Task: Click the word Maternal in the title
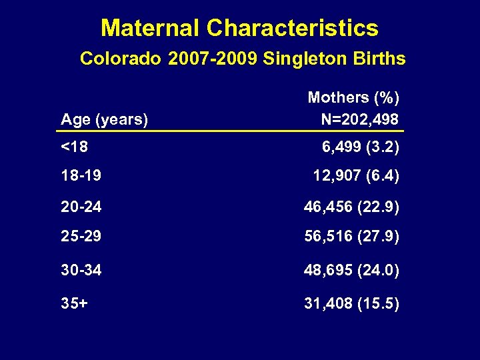click(150, 28)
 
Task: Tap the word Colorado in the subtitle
click(120, 59)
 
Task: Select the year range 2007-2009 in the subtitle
click(214, 59)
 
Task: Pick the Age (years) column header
click(105, 120)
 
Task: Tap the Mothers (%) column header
click(353, 98)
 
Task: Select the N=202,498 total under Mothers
click(360, 120)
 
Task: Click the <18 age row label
click(74, 146)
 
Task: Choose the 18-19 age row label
click(81, 177)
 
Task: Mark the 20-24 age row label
click(81, 207)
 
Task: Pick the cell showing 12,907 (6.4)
click(356, 177)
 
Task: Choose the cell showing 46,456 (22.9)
click(352, 207)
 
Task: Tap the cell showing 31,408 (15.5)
click(352, 303)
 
